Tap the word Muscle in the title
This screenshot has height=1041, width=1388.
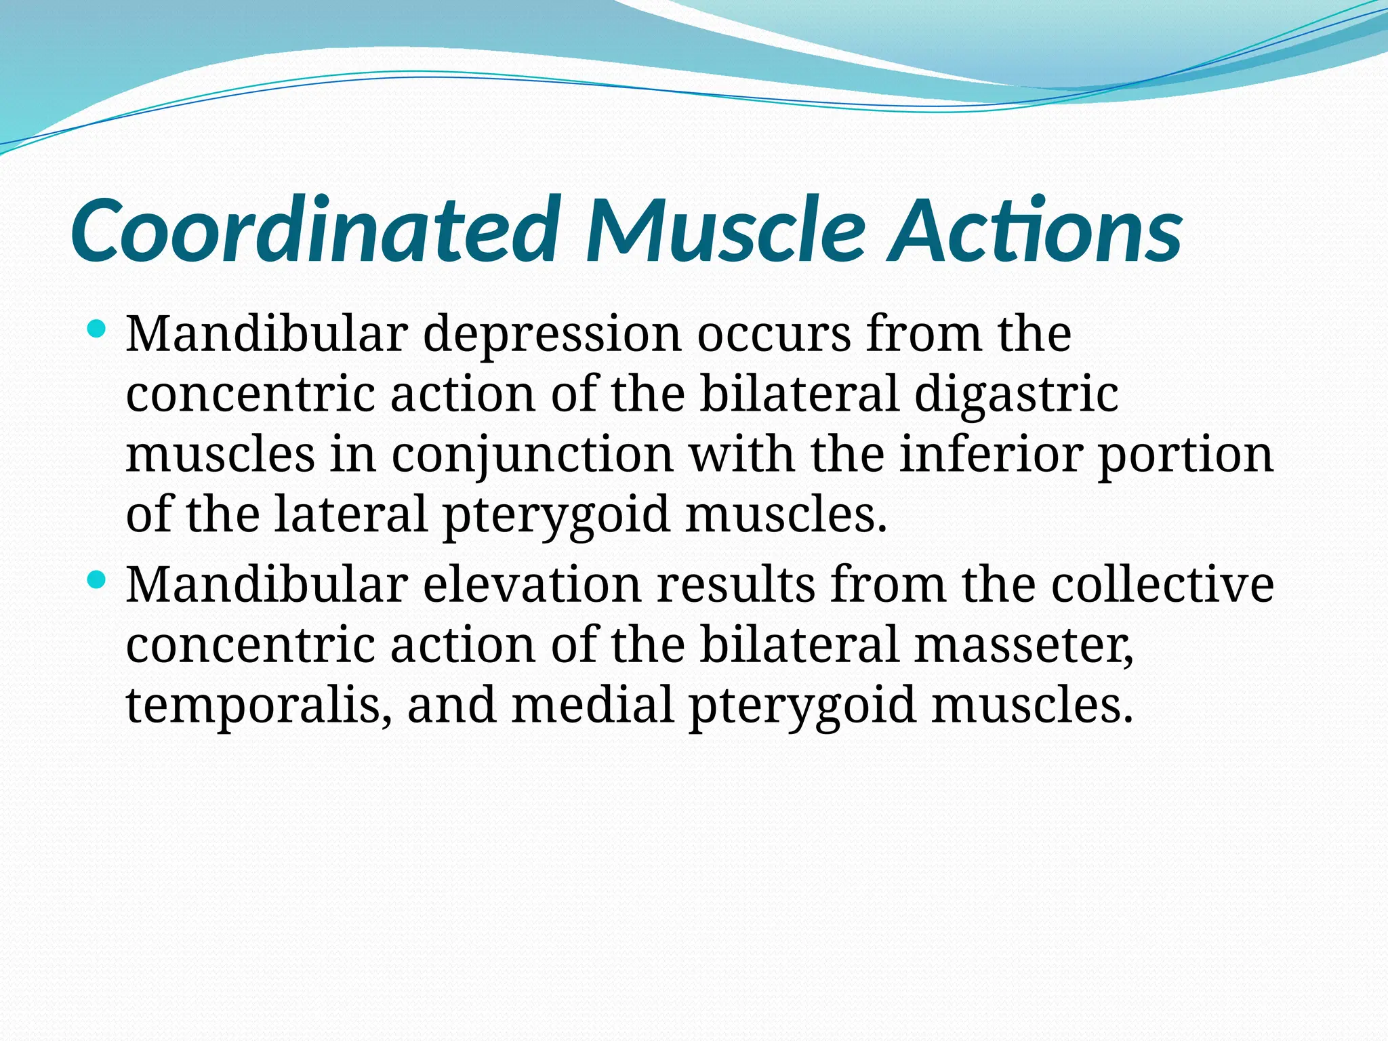pos(725,230)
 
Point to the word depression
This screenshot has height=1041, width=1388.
pos(552,334)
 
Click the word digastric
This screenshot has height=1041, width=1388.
pos(1016,394)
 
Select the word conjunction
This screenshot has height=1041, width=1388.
pos(532,455)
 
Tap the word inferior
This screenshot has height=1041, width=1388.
pos(990,453)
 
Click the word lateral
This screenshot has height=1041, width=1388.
pos(350,514)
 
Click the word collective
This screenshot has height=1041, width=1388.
pos(1162,584)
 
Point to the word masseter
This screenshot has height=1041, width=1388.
pos(1023,645)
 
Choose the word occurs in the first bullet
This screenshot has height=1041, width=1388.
pos(773,334)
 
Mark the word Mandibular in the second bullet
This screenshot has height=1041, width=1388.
pos(267,584)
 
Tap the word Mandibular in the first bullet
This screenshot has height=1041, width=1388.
pos(267,334)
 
